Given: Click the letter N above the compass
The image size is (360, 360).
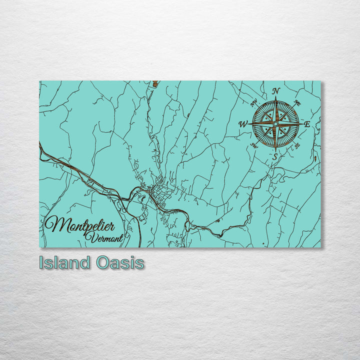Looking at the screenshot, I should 275,91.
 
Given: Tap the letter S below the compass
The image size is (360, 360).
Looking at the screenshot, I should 274,156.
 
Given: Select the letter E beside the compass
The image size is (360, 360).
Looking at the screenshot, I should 307,124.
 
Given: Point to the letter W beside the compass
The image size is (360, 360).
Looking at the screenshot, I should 243,124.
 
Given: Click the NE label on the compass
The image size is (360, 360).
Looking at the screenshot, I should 297,103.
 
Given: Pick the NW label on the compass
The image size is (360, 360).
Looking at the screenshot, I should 253,103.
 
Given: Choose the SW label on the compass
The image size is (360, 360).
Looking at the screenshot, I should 254,145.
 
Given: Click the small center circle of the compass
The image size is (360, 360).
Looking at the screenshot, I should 275,124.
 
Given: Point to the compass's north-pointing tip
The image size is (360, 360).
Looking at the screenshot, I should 275,98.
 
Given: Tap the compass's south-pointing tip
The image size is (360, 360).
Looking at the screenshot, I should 275,149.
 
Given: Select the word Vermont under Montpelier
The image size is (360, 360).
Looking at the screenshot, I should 104,238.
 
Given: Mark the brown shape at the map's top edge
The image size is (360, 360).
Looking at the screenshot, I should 156,84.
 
